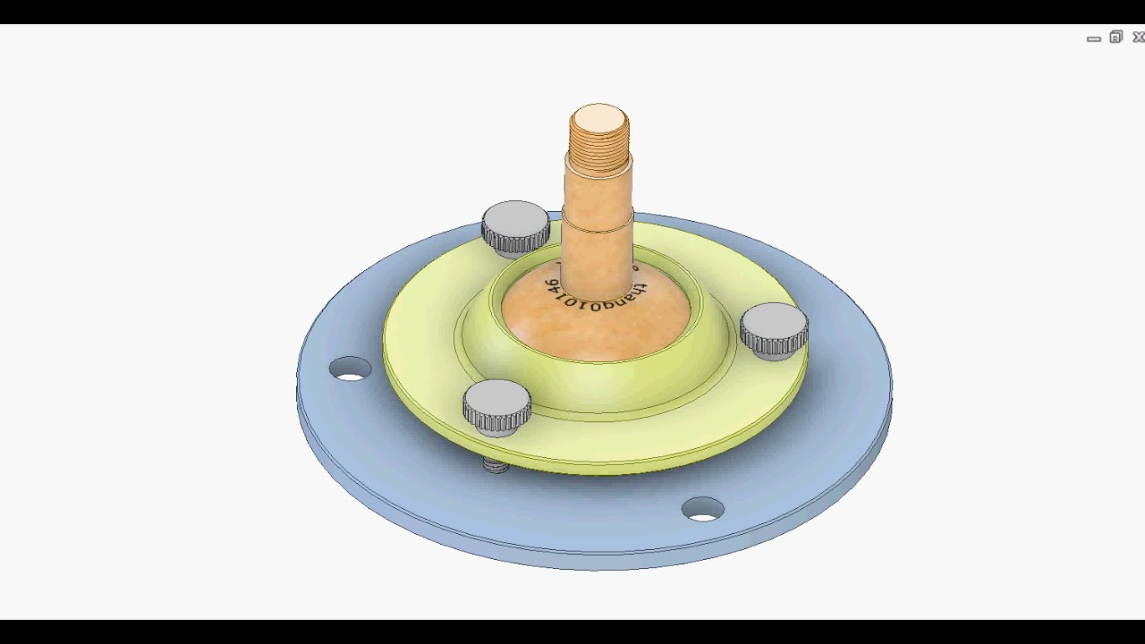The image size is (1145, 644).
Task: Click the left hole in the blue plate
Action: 350,369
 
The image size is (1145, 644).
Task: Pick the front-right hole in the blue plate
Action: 703,510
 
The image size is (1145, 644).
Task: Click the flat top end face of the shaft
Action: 599,118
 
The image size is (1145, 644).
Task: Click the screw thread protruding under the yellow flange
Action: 496,465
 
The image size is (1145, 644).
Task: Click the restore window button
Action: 1115,38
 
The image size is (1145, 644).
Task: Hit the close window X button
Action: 1139,38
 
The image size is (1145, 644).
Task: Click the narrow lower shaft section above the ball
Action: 597,259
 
